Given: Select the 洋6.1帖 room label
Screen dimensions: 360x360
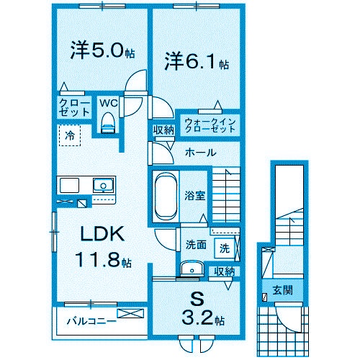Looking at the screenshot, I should (197, 61).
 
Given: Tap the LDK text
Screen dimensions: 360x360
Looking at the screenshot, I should (102, 235).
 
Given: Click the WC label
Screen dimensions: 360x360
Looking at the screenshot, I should (107, 103).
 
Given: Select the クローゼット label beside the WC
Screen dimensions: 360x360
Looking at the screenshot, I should (74, 109).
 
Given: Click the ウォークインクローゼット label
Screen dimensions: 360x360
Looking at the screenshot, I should (210, 125).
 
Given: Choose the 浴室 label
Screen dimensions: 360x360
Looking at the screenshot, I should (194, 194).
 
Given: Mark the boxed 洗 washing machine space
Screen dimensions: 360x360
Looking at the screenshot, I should (225, 248).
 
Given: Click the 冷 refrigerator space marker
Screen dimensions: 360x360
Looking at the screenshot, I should (70, 135).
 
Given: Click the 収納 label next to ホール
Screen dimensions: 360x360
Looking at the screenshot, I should (163, 130).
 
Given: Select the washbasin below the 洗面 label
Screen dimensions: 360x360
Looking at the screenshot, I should (191, 269).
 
